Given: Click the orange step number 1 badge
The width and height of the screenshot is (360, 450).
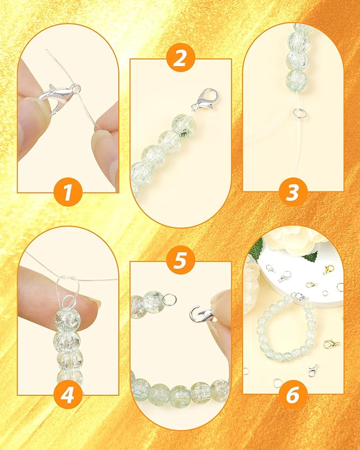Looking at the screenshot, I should coord(67,192).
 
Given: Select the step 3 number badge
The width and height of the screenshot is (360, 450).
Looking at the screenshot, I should coord(292,192).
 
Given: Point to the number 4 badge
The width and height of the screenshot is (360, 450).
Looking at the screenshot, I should coord(67,395).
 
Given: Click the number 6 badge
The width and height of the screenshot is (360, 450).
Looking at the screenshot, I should coord(292,395).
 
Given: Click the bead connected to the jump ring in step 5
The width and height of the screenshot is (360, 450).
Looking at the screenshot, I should coord(154,302).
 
